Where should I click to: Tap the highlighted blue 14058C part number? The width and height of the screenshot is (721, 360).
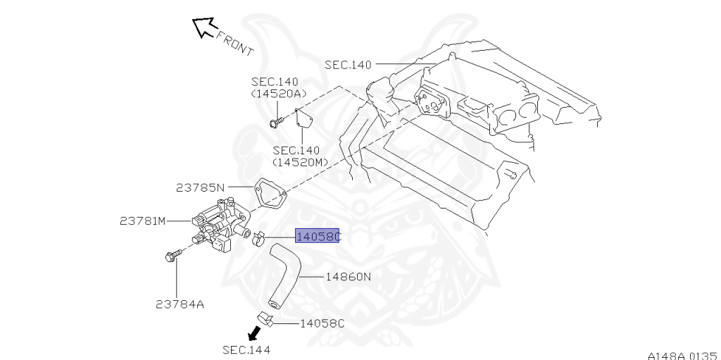tap(318, 237)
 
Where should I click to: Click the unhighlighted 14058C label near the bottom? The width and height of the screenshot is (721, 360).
tap(322, 323)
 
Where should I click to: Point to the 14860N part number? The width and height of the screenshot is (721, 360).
tap(348, 277)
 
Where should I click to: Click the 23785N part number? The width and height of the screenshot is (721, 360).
tap(200, 187)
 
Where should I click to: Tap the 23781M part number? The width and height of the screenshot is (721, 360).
tap(142, 221)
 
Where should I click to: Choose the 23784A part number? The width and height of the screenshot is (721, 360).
tap(180, 304)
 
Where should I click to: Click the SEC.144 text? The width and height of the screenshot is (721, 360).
tap(246, 349)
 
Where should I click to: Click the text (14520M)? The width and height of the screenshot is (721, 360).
tap(296, 162)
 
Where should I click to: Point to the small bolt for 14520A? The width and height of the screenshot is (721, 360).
tap(275, 123)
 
